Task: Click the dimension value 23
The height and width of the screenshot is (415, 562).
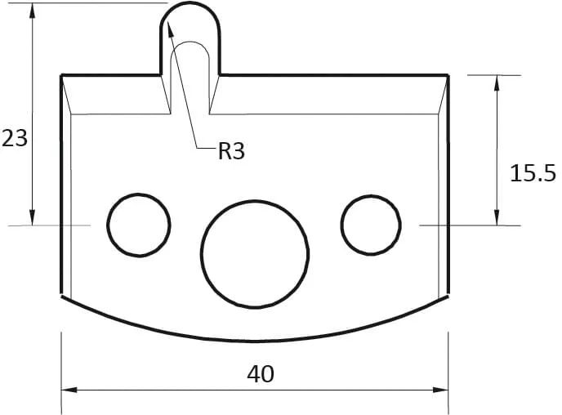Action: pos(15,138)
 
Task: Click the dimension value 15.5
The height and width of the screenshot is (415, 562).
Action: pos(532,172)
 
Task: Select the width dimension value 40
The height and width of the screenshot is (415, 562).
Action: pos(261,374)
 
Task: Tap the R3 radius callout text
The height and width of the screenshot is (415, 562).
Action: pos(231,151)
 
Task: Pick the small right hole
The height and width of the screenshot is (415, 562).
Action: pos(372,224)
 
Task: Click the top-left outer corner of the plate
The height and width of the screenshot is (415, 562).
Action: pos(62,75)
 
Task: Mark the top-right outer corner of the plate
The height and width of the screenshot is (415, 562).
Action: pos(448,75)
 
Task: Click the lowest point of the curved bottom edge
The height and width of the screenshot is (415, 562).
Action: pos(255,341)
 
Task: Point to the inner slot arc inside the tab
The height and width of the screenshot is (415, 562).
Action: pos(190,42)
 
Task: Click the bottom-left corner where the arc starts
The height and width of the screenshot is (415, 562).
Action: pos(63,296)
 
